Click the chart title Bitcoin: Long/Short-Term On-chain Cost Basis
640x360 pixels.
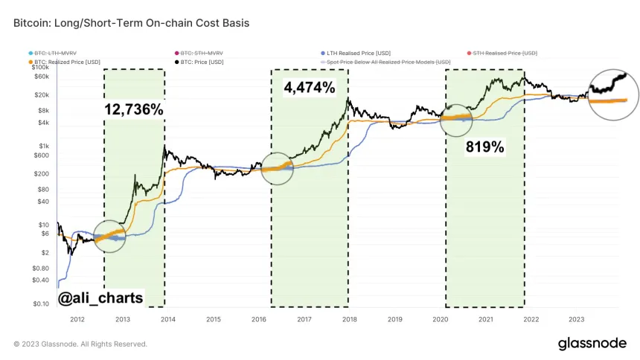coord(131,23)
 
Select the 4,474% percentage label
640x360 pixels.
coord(309,88)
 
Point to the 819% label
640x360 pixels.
coord(484,147)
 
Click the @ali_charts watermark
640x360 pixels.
coord(100,298)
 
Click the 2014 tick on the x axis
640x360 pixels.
coord(168,320)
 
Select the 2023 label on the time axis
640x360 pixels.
coord(576,320)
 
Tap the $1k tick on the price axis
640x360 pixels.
coord(43,145)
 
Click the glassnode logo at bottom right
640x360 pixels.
coord(592,344)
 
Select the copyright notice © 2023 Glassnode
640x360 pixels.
coord(80,344)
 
